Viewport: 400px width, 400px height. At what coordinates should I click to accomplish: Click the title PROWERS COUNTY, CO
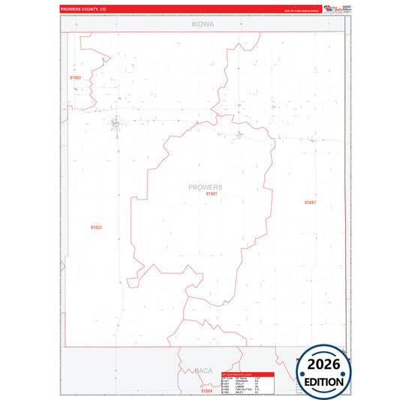click(x=83, y=10)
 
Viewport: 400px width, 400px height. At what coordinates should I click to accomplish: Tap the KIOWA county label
click(x=203, y=25)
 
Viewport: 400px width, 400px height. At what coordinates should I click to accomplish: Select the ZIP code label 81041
click(x=212, y=194)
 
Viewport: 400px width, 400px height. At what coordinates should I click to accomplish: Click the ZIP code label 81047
click(x=310, y=203)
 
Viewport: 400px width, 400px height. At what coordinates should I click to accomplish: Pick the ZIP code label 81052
click(x=95, y=227)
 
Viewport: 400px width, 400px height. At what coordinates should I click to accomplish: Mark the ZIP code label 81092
click(x=75, y=77)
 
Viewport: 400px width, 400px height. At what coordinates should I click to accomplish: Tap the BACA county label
click(x=203, y=371)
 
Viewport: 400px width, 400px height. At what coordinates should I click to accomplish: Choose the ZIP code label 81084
click(x=207, y=391)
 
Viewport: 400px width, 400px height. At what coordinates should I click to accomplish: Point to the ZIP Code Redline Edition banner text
click(x=301, y=11)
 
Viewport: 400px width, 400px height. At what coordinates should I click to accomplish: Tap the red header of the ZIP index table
click(x=248, y=374)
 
